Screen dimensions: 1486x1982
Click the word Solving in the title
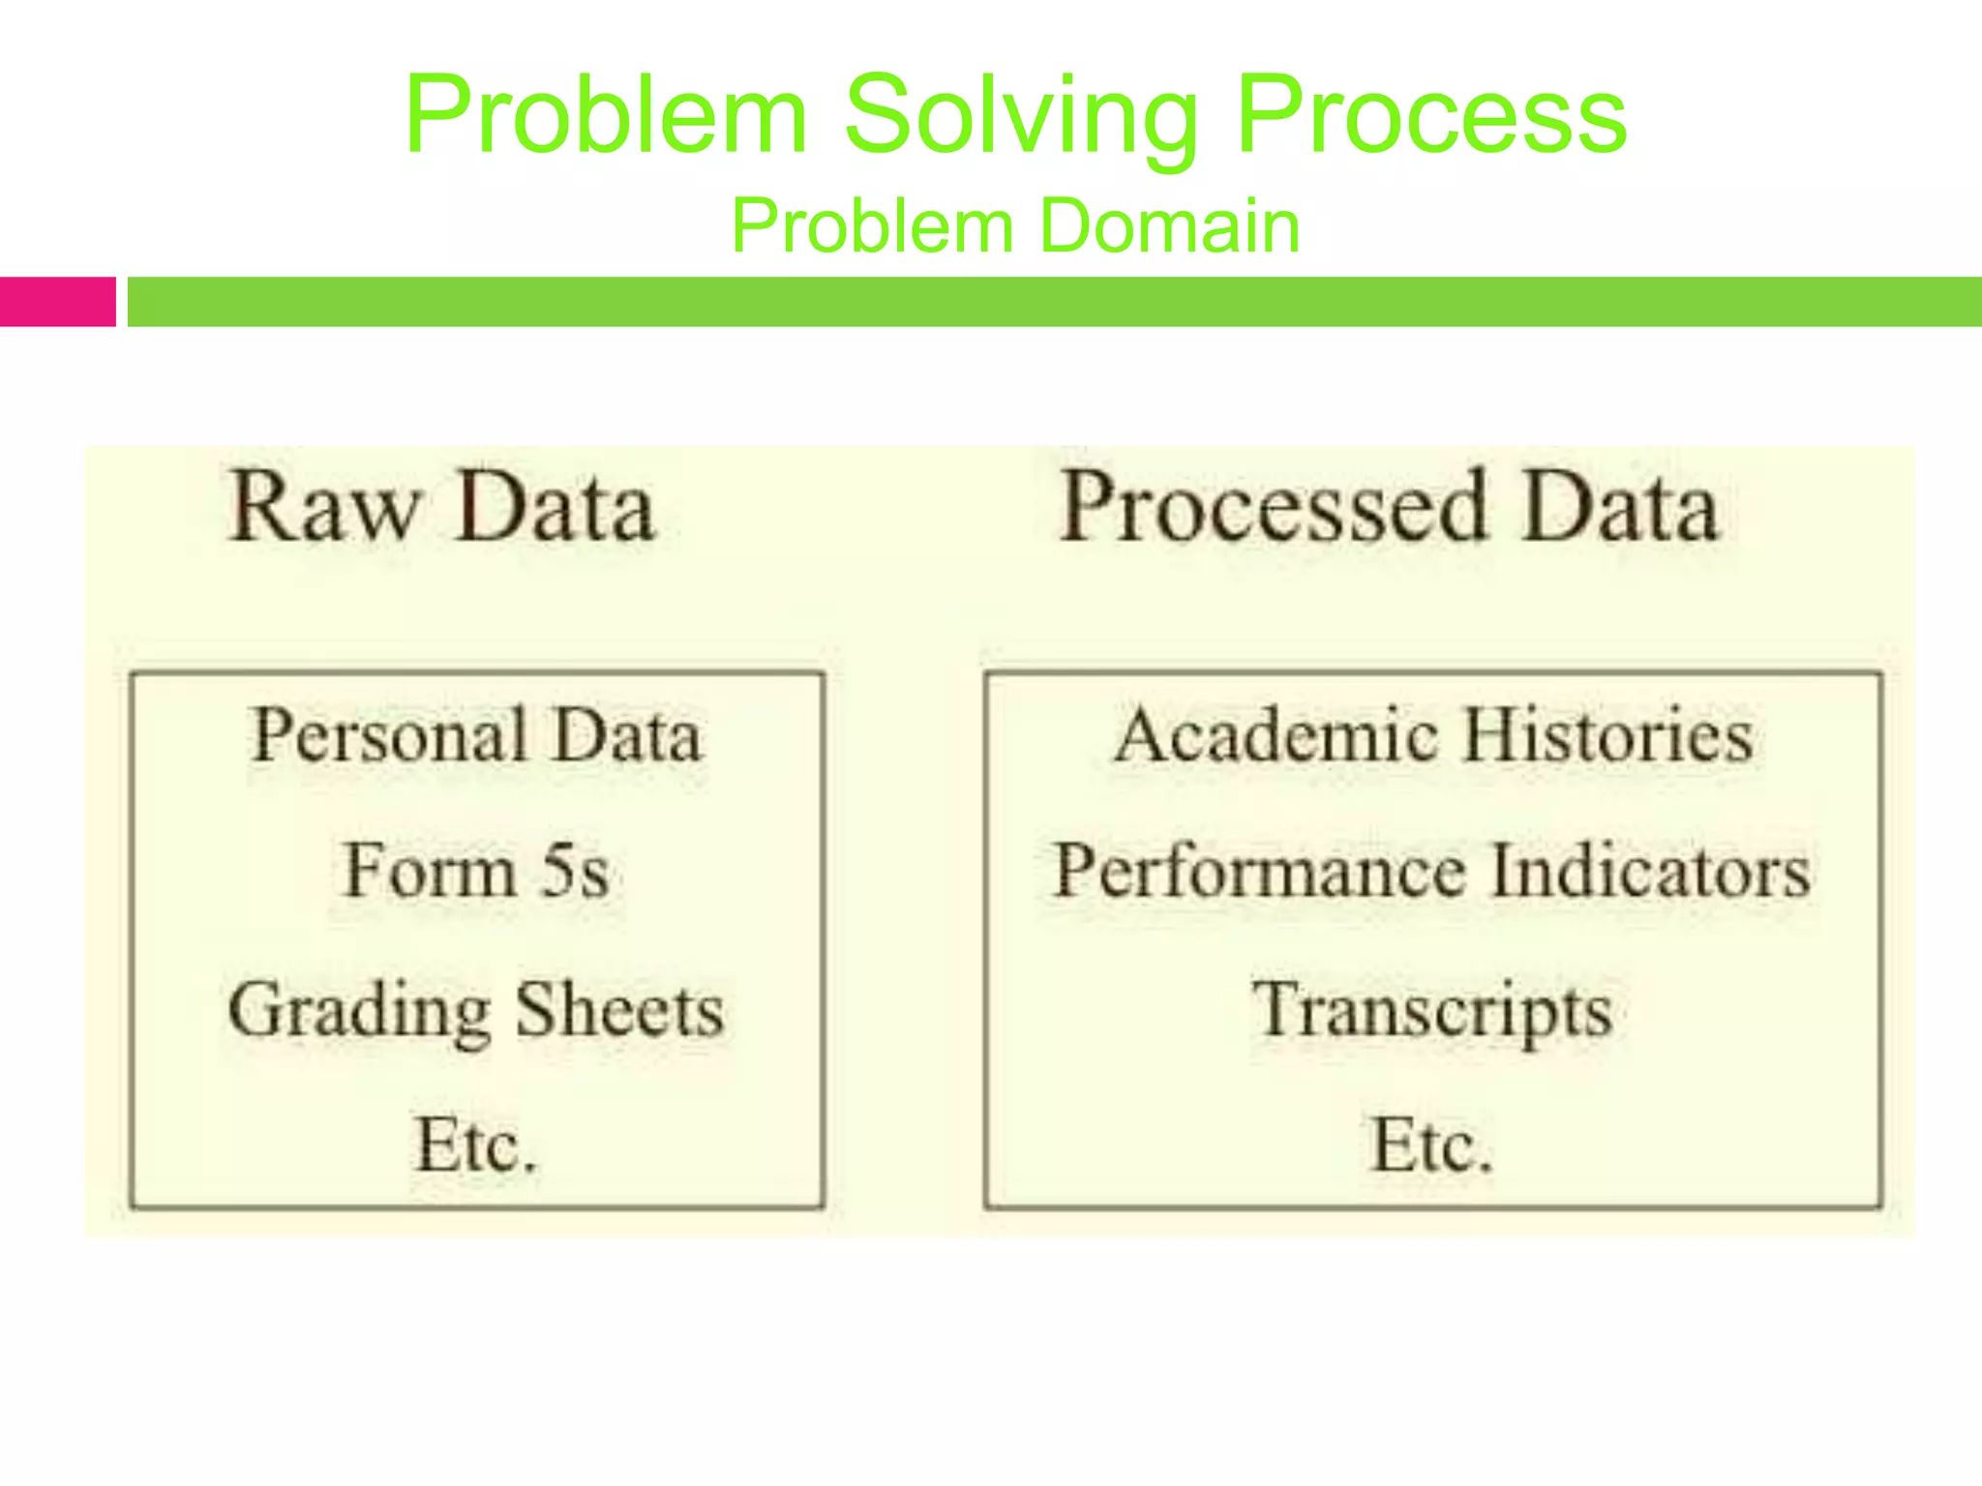1021,116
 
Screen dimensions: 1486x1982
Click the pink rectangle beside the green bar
57,302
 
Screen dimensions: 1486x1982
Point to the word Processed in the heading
1273,508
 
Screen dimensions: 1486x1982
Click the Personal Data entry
476,735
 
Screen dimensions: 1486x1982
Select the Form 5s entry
476,871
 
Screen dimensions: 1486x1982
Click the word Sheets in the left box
619,1009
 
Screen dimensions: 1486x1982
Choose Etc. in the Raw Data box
476,1145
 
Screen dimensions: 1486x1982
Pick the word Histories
1607,735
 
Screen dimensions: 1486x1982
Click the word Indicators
1649,871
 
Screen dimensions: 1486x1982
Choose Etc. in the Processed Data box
1432,1145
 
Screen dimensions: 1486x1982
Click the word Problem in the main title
606,116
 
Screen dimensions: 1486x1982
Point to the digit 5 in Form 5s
557,871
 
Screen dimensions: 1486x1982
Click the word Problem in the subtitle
871,226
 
